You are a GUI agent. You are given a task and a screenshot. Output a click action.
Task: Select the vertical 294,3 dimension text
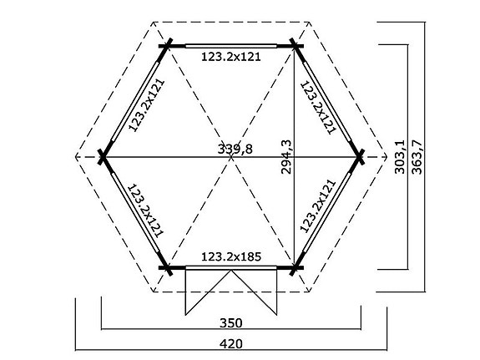pyautogui.click(x=287, y=155)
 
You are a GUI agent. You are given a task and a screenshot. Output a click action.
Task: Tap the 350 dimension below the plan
pyautogui.click(x=231, y=322)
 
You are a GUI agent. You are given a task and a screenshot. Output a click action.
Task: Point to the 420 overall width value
pyautogui.click(x=231, y=342)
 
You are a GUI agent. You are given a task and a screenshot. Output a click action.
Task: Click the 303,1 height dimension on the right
pyautogui.click(x=399, y=156)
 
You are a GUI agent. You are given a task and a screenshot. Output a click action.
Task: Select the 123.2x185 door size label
pyautogui.click(x=231, y=257)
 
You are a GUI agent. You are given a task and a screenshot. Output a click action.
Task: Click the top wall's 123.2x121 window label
pyautogui.click(x=231, y=58)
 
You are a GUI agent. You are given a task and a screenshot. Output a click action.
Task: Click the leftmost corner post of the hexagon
pyautogui.click(x=103, y=156)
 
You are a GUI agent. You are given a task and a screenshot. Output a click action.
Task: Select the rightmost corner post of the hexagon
pyautogui.click(x=360, y=156)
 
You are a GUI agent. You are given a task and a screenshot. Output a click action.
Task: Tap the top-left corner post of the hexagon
pyautogui.click(x=167, y=44)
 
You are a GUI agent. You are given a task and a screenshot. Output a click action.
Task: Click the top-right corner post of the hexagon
pyautogui.click(x=296, y=44)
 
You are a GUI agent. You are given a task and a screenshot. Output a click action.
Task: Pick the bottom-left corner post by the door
pyautogui.click(x=167, y=268)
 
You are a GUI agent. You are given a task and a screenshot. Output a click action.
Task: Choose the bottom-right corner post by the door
pyautogui.click(x=296, y=268)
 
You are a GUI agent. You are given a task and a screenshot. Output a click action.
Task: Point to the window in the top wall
pyautogui.click(x=231, y=45)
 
